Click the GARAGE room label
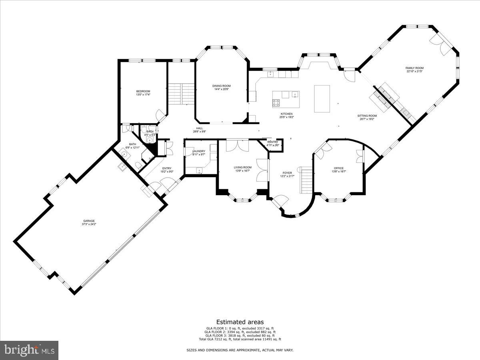(x=89, y=221)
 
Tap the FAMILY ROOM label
(x=415, y=68)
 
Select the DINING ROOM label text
(x=221, y=86)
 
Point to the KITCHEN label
(x=287, y=114)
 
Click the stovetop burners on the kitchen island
(x=276, y=103)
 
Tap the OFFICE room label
(x=339, y=168)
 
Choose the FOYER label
(x=288, y=173)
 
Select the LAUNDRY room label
(x=199, y=151)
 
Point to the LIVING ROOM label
(x=242, y=168)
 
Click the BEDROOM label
(x=143, y=92)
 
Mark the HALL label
(x=199, y=128)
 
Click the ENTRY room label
(x=166, y=168)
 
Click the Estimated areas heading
(x=240, y=322)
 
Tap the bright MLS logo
(x=29, y=350)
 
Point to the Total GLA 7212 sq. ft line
(x=240, y=339)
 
